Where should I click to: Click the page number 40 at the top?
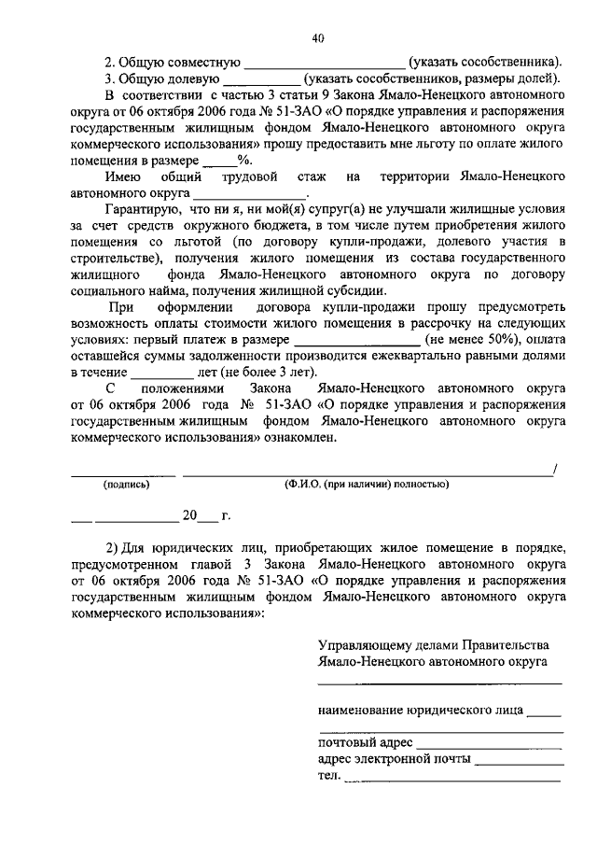click(317, 38)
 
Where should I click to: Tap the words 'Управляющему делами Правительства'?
click(434, 645)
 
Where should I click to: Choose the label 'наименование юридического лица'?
click(420, 709)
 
